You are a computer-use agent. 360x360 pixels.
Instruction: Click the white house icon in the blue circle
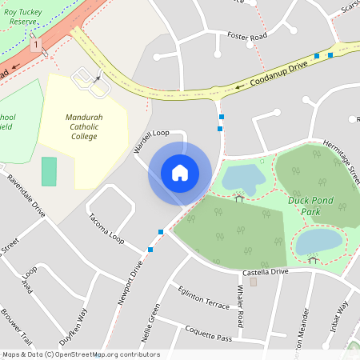(x=180, y=172)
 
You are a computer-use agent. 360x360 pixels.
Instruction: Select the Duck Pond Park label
(x=310, y=207)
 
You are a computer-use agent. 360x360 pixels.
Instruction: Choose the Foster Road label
(x=246, y=36)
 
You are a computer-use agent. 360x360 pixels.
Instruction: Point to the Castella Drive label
(x=265, y=273)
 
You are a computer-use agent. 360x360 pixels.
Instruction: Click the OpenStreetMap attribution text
(x=81, y=354)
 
